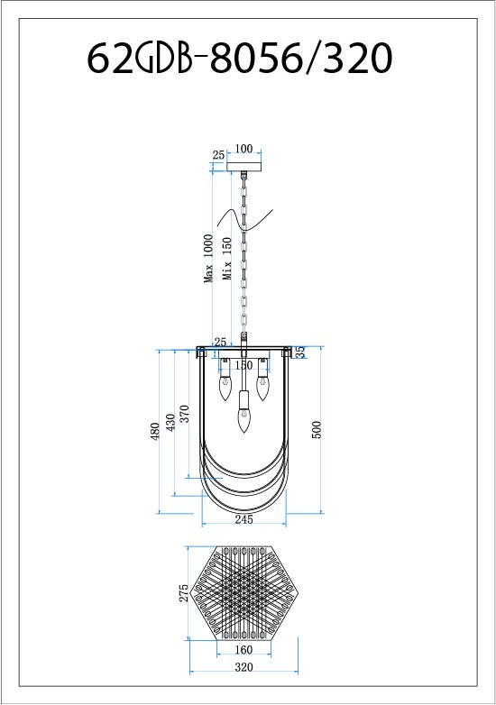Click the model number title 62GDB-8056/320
(239, 59)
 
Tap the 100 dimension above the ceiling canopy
(243, 150)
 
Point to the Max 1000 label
(209, 259)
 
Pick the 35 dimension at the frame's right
(299, 352)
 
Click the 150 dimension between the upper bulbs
(243, 365)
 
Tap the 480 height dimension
(155, 432)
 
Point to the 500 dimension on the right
(316, 429)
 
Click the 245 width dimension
(243, 519)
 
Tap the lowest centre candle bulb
(243, 420)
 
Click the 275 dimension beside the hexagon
(183, 592)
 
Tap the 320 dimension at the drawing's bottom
(243, 667)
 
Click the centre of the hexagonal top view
(243, 592)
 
